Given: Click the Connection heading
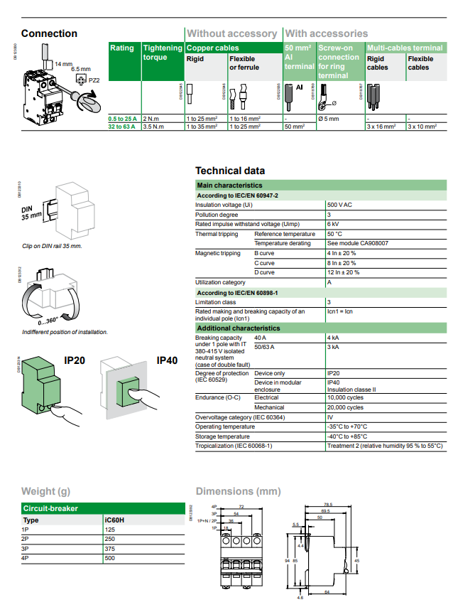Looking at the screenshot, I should [49, 33].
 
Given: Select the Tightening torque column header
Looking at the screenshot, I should [163, 53].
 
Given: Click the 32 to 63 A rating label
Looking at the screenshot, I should [121, 126].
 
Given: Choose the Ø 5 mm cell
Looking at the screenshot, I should [328, 118].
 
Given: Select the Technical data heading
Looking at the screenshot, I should [230, 171].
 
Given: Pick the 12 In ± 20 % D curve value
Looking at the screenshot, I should [343, 272].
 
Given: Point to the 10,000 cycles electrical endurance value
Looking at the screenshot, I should [345, 397].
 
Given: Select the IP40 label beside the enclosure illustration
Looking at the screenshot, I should [166, 360].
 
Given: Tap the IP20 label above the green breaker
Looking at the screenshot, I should [75, 360].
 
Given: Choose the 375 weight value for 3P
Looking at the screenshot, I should [110, 549].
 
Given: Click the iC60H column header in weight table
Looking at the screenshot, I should [114, 520].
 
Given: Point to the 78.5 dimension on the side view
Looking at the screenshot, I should [327, 505].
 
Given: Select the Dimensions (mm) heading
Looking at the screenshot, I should [238, 491].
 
